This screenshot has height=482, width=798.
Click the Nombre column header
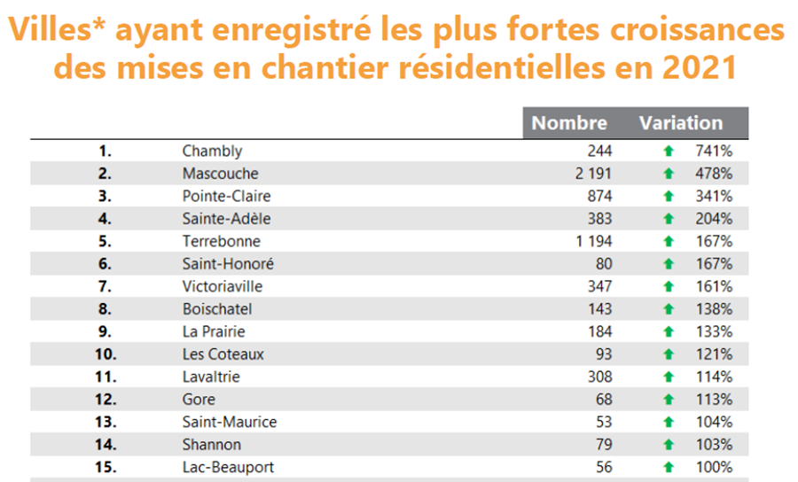569,123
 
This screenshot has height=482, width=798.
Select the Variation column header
681,123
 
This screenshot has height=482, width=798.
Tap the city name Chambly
212,151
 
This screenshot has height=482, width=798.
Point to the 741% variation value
714,151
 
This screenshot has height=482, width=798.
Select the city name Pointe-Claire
226,196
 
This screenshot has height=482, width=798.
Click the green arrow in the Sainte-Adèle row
669,219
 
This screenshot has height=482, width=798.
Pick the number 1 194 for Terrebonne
593,241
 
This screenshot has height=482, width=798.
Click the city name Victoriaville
223,286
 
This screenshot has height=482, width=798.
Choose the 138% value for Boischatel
714,309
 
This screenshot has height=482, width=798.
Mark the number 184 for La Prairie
599,331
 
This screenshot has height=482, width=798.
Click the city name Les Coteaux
223,354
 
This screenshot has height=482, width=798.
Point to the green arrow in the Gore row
669,400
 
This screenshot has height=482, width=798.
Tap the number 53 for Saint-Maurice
603,422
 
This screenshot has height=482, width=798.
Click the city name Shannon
211,445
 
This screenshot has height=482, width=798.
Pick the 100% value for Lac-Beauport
714,467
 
